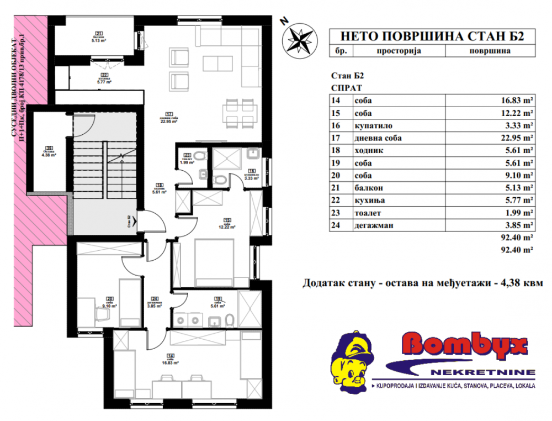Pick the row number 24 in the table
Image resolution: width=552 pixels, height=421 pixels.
(336, 225)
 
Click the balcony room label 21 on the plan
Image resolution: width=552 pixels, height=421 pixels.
(99, 37)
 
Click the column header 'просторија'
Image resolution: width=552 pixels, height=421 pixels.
(399, 51)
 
